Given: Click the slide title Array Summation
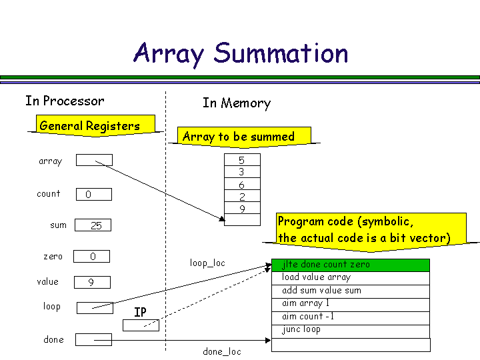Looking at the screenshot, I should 241,53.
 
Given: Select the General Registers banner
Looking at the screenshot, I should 90,126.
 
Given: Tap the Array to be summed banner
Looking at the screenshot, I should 238,137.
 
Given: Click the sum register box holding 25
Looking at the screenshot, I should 93,225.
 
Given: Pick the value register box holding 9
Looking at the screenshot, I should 91,282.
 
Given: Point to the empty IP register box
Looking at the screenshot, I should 141,325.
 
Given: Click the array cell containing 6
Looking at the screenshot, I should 241,185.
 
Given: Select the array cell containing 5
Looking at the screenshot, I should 241,160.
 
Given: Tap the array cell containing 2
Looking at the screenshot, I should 241,197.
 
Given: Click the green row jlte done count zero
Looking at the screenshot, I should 351,265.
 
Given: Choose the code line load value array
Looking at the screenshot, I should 351,277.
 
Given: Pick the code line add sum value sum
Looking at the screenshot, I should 351,291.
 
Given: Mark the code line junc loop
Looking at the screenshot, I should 351,329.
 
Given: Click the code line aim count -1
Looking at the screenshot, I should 351,317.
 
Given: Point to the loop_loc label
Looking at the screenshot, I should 207,263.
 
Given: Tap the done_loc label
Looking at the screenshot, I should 222,351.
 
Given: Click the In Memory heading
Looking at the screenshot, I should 237,103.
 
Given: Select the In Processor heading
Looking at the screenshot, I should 65,101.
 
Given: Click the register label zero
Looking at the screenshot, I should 53,257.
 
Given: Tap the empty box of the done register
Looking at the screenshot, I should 93,340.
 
